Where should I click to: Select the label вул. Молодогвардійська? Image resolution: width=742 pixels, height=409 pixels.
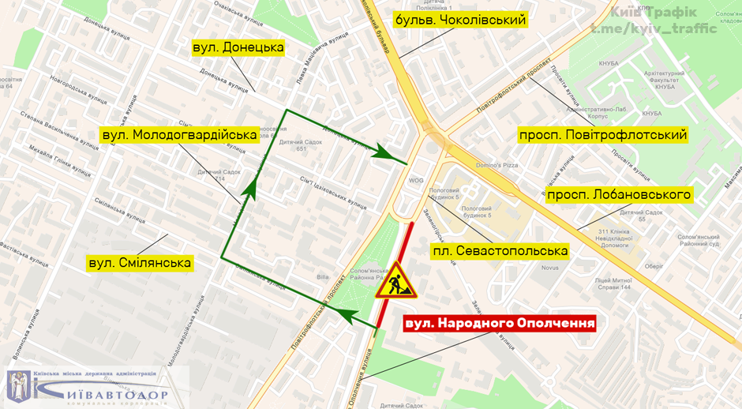[x=180, y=135]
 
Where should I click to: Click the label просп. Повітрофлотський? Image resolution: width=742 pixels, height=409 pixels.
[x=603, y=135]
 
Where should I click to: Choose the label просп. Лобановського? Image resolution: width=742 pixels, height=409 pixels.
[x=619, y=194]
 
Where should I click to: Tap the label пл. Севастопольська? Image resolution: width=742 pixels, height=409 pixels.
[x=500, y=251]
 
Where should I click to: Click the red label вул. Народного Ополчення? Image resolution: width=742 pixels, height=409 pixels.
[x=499, y=323]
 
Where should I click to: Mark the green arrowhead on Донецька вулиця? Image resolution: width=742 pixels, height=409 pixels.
[x=386, y=152]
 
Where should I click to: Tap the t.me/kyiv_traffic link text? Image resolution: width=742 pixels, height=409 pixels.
[x=654, y=29]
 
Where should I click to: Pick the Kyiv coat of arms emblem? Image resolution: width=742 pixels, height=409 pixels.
[x=19, y=386]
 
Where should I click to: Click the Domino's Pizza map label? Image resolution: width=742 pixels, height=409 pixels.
[x=496, y=165]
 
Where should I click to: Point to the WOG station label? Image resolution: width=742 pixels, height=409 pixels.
[x=416, y=180]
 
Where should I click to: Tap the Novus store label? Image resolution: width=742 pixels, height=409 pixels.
[x=549, y=267]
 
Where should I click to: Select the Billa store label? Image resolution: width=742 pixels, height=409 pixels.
[x=323, y=277]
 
